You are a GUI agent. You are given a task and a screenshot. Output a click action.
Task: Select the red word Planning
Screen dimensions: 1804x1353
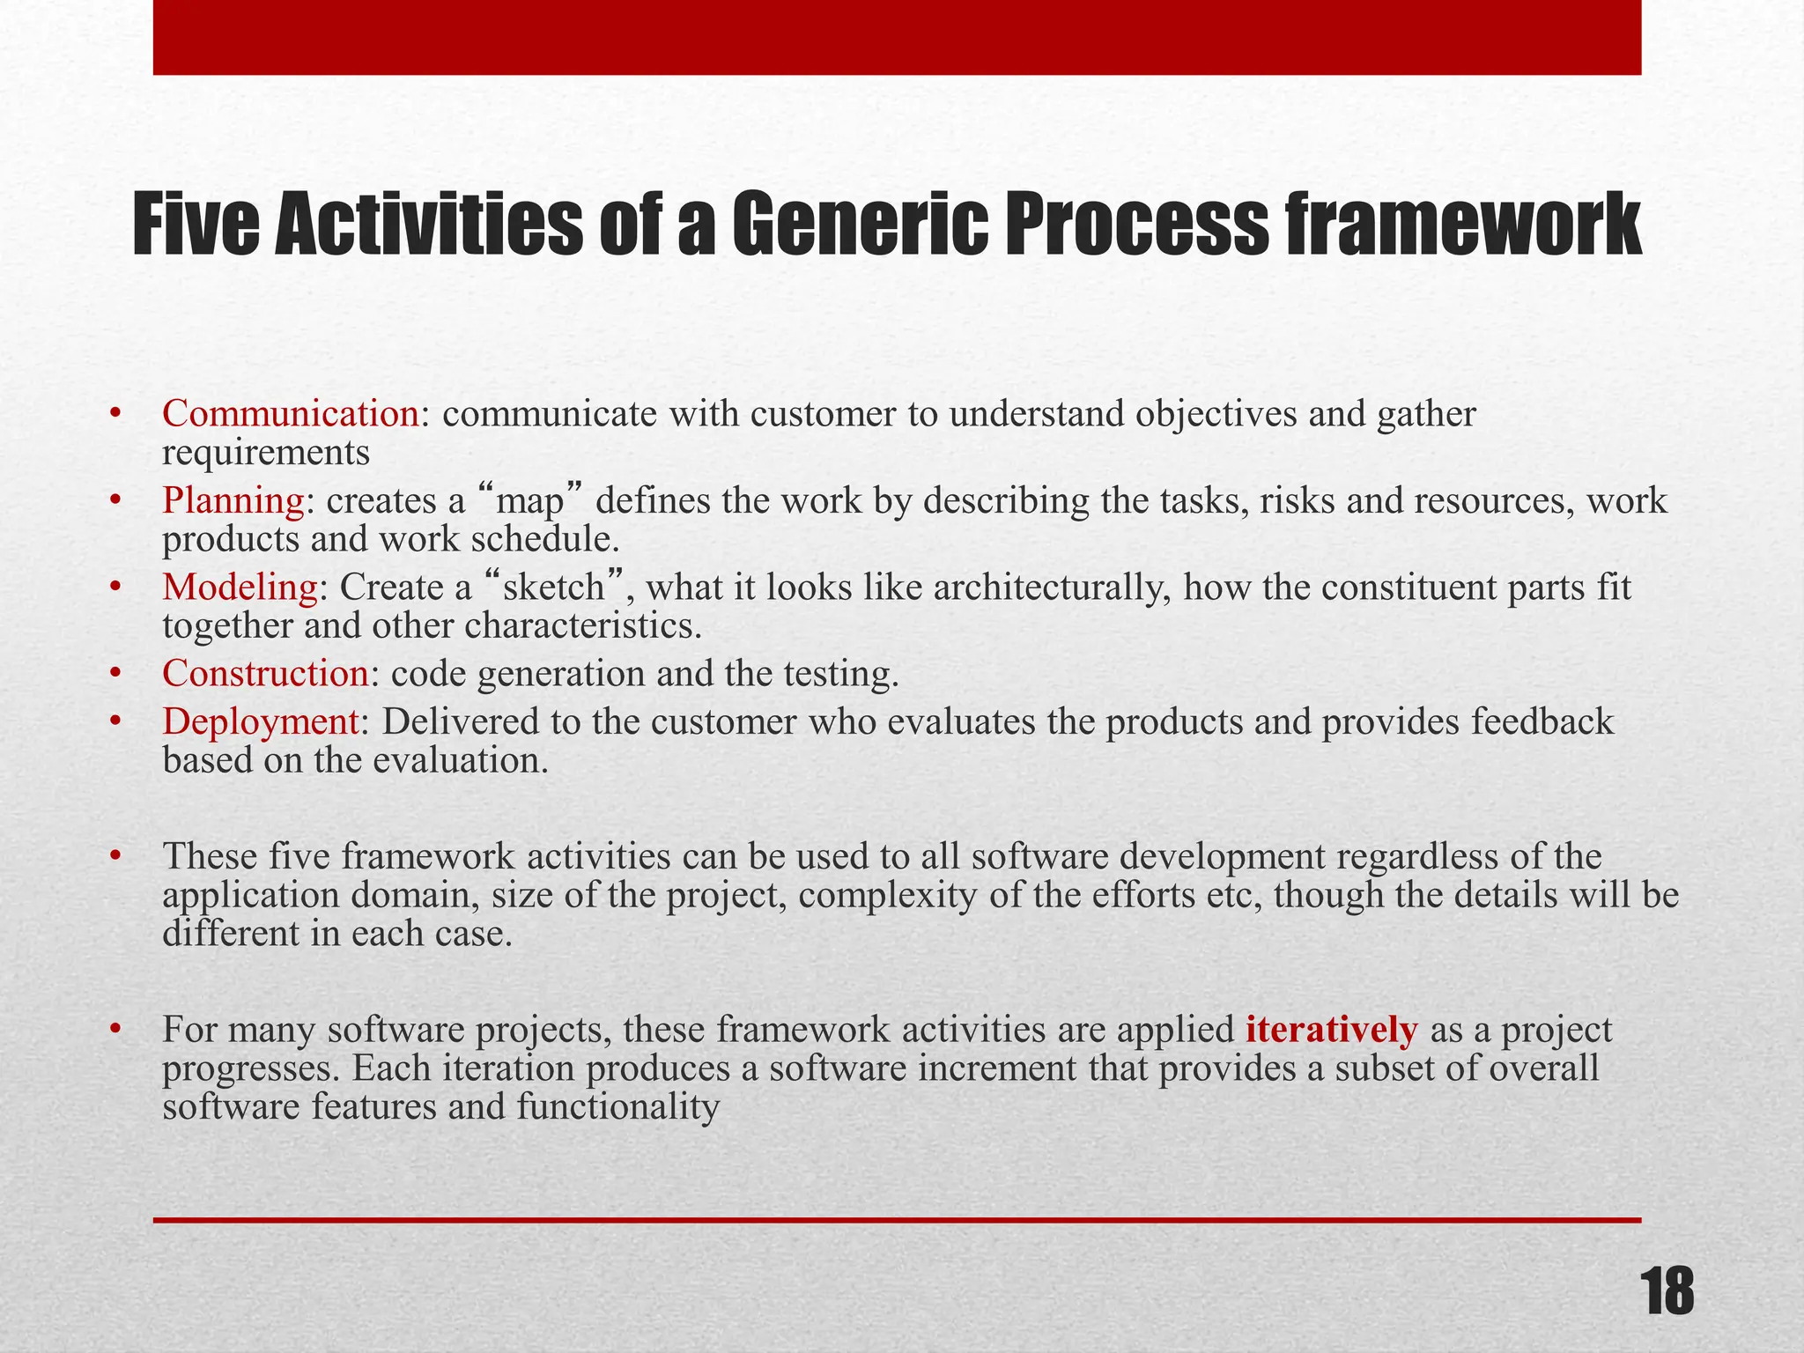point(233,501)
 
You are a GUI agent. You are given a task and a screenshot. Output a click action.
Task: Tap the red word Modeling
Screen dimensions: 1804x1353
point(240,588)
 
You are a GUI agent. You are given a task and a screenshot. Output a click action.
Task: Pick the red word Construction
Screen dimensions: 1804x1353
point(265,674)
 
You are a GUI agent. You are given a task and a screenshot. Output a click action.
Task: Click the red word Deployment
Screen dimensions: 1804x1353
point(260,722)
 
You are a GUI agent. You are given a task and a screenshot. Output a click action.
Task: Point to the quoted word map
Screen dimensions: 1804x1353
point(529,502)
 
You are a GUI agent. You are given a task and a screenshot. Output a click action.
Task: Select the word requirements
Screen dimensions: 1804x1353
point(266,454)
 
